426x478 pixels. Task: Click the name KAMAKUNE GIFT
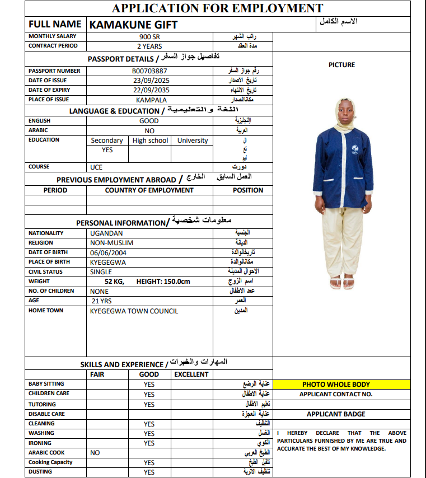pyautogui.click(x=133, y=25)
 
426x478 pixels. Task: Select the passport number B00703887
pyautogui.click(x=149, y=71)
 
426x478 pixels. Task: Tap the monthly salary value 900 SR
pyautogui.click(x=149, y=36)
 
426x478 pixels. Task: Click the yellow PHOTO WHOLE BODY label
pyautogui.click(x=336, y=385)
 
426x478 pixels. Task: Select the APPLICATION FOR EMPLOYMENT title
pyautogui.click(x=217, y=8)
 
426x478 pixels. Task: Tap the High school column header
pyautogui.click(x=151, y=140)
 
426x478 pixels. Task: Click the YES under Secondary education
pyautogui.click(x=107, y=150)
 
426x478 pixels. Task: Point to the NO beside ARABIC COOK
pyautogui.click(x=95, y=453)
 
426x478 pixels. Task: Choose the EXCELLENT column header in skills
pyautogui.click(x=191, y=374)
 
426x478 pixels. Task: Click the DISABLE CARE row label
pyautogui.click(x=46, y=414)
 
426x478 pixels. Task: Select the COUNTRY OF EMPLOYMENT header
pyautogui.click(x=149, y=190)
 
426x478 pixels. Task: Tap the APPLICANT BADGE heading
pyautogui.click(x=336, y=414)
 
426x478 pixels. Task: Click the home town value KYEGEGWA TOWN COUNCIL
pyautogui.click(x=134, y=311)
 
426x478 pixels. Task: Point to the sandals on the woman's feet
pyautogui.click(x=342, y=283)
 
